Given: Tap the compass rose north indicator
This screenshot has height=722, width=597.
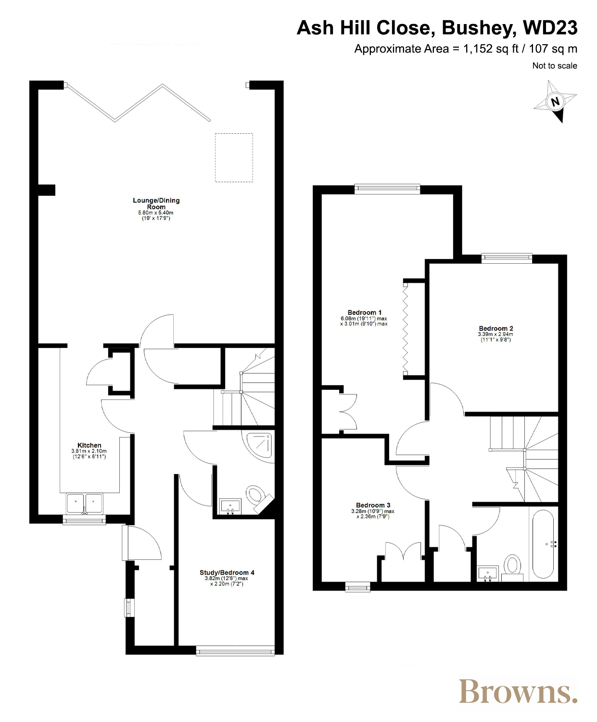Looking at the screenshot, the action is click(x=555, y=102).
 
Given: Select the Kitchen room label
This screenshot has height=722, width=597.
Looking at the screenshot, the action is click(x=89, y=445).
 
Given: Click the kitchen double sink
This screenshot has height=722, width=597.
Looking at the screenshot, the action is click(x=85, y=503).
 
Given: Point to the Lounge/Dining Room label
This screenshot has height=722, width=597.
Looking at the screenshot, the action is click(x=156, y=203).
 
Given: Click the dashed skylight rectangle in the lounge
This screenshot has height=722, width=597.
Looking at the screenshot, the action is click(x=234, y=157).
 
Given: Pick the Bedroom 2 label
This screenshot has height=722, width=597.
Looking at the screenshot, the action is click(x=495, y=328).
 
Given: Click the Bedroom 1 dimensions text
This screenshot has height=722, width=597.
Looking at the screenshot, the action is click(x=364, y=321).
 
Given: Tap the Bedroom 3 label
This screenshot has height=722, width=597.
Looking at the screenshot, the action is click(x=373, y=505).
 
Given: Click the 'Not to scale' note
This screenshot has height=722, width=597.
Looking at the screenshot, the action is click(x=555, y=65).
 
